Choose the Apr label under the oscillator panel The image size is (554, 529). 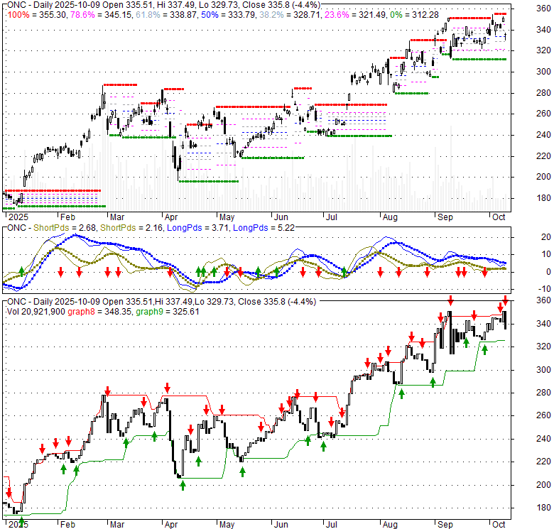[171, 299]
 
